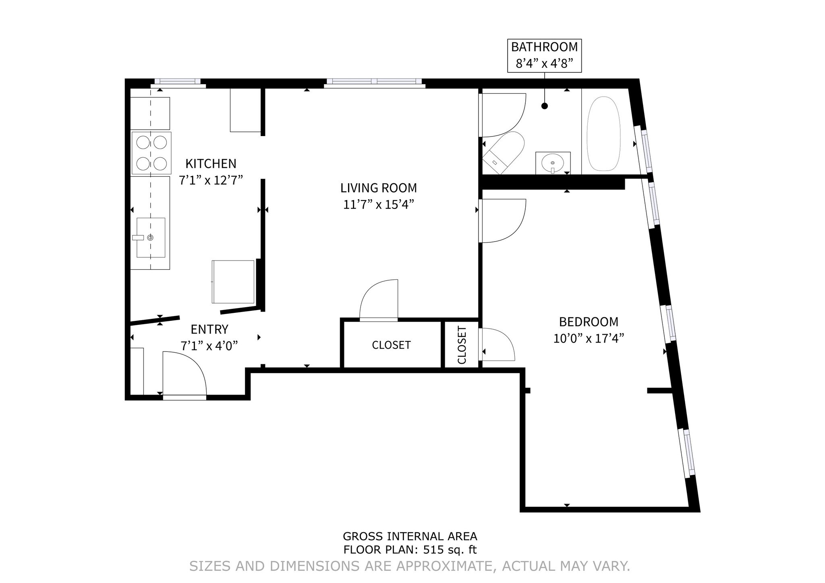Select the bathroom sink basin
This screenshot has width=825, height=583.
552,163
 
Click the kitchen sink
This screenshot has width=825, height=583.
151,237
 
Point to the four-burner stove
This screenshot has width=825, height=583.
151,153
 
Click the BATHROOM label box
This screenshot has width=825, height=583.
544,56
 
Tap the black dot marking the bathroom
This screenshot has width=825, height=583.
545,106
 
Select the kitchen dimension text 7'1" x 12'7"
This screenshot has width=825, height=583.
211,180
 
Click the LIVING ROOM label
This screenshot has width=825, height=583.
378,188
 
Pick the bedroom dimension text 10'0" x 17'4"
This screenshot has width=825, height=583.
589,339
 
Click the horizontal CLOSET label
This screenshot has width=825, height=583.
391,345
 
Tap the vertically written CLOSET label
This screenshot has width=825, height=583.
462,345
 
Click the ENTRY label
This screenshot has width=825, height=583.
209,329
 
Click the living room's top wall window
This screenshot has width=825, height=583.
374,82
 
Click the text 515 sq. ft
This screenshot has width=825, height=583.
450,550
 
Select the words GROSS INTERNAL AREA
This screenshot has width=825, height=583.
410,536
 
